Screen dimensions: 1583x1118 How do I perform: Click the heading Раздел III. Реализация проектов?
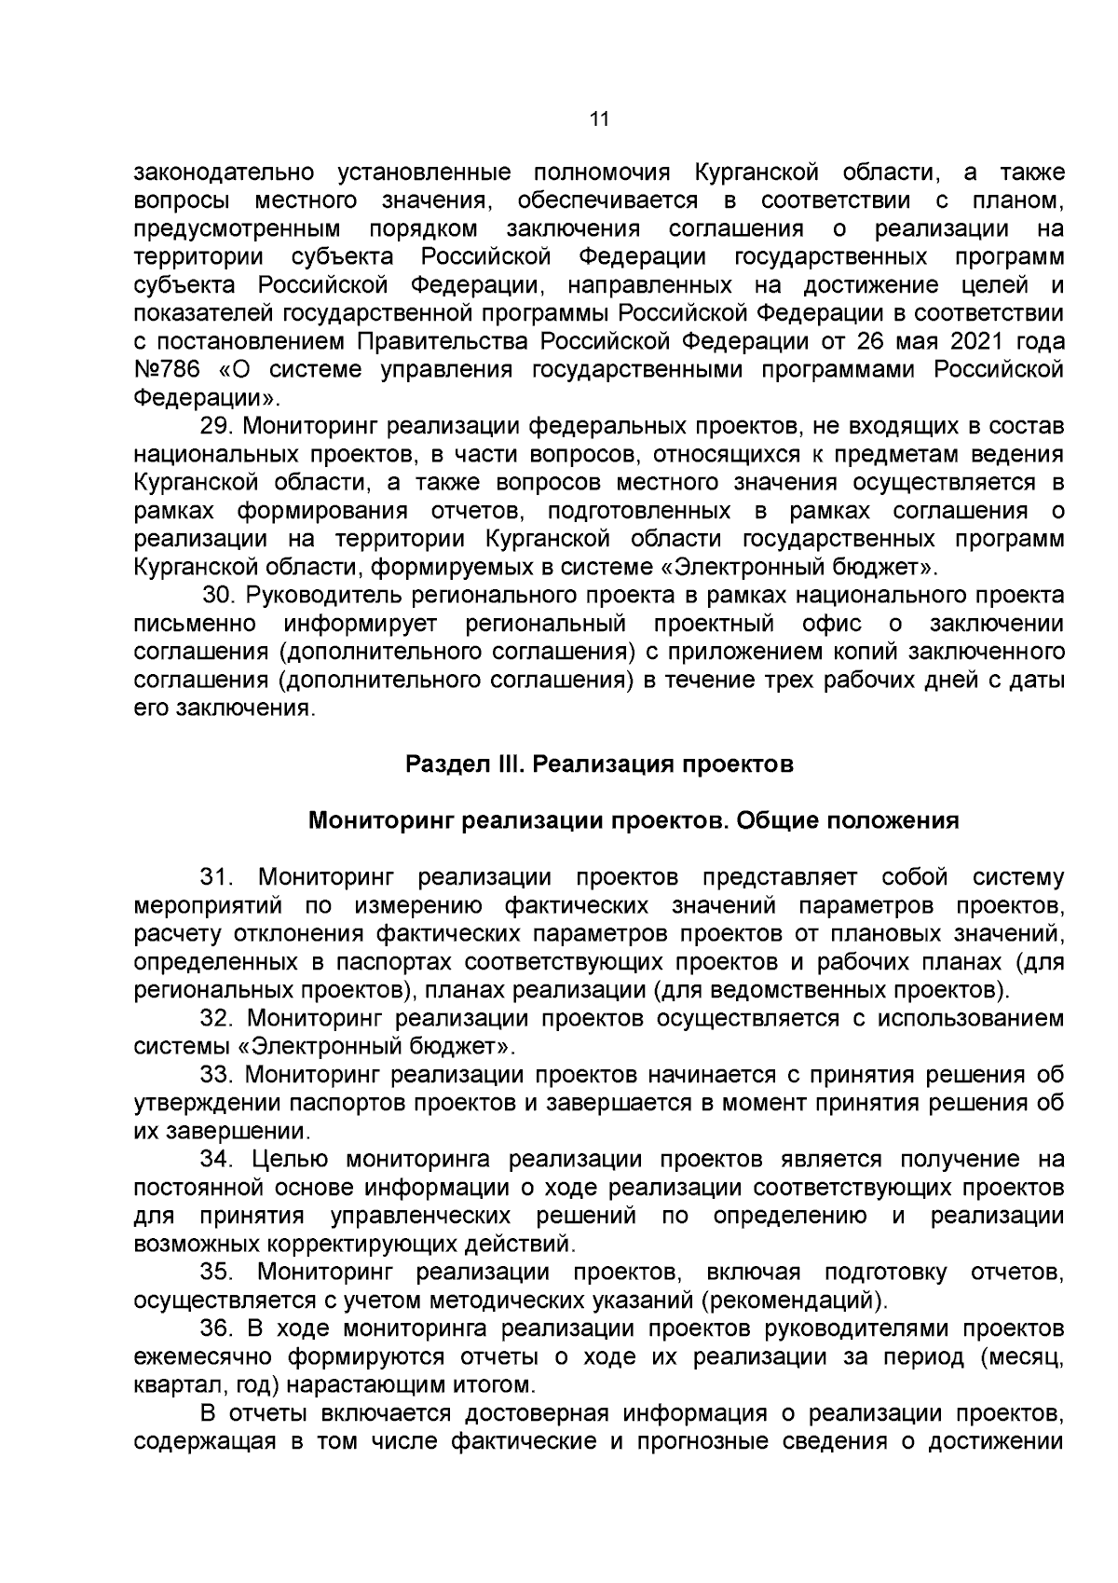[599, 764]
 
